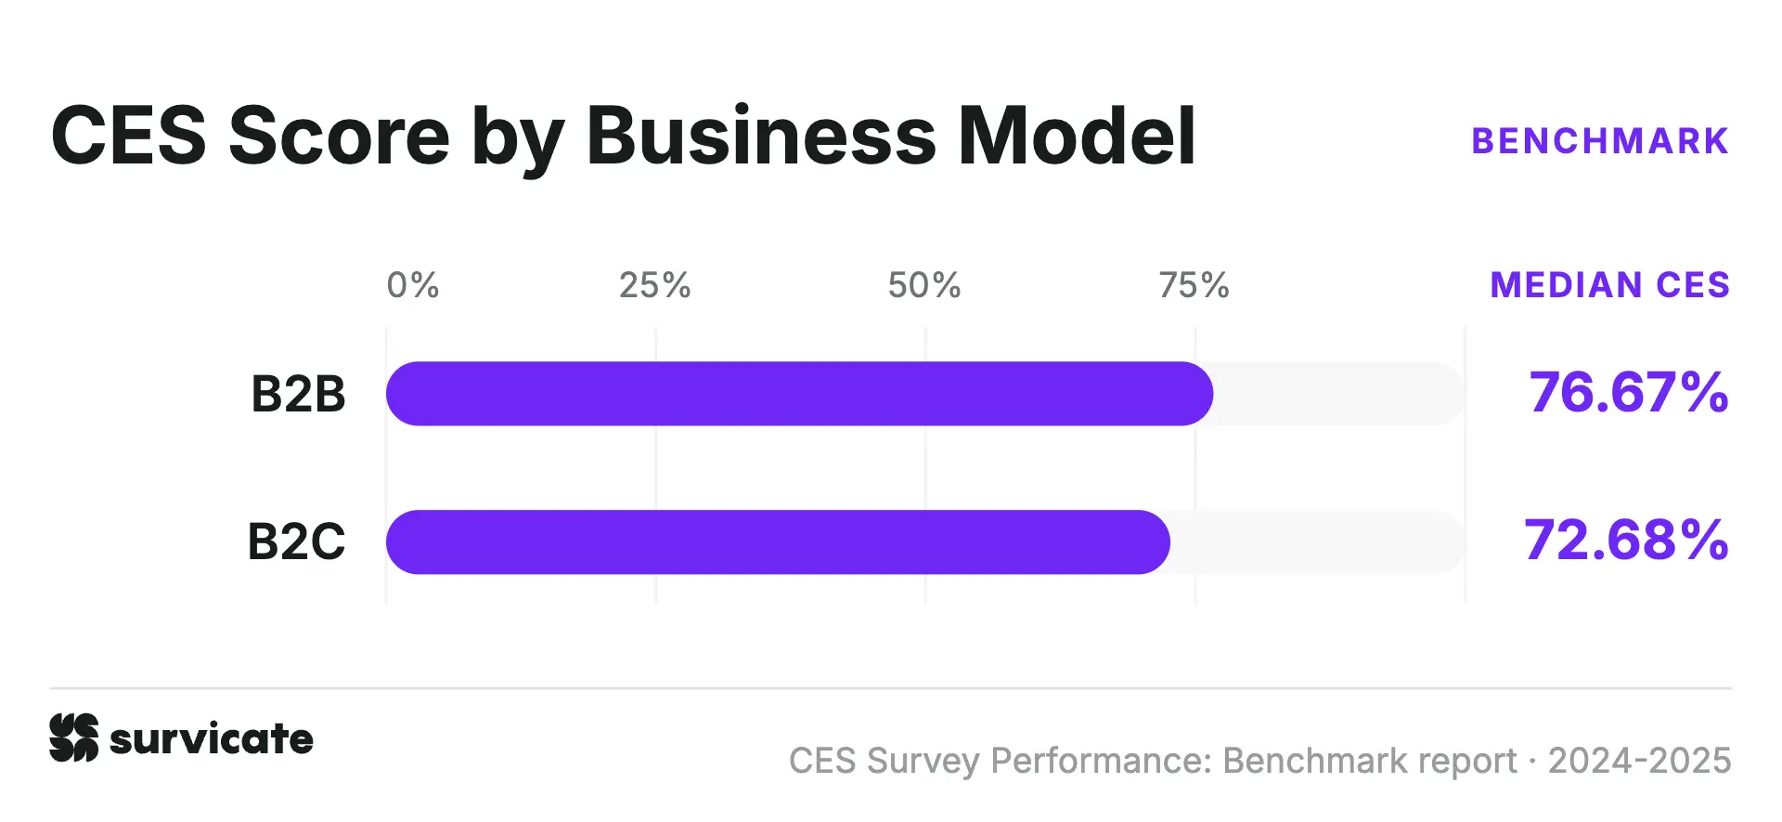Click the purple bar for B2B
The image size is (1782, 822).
tap(799, 394)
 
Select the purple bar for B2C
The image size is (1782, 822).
tap(778, 542)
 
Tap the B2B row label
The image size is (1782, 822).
tap(298, 394)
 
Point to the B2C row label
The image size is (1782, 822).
tap(296, 541)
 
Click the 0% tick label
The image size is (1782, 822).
tap(413, 285)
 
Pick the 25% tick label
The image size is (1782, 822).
tap(655, 285)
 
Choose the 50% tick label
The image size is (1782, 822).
tap(924, 285)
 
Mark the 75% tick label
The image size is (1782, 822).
tap(1194, 285)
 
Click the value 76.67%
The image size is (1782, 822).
tap(1629, 392)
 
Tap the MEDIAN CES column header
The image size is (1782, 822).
tap(1610, 285)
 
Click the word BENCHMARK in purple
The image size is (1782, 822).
tap(1601, 141)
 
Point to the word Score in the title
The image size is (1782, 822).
tap(340, 136)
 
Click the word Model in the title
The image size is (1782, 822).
tap(1077, 136)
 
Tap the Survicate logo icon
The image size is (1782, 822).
tap(74, 738)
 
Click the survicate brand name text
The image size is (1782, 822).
tap(212, 739)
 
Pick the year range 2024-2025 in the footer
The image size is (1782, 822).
tap(1640, 761)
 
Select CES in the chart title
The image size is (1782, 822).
tap(129, 136)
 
